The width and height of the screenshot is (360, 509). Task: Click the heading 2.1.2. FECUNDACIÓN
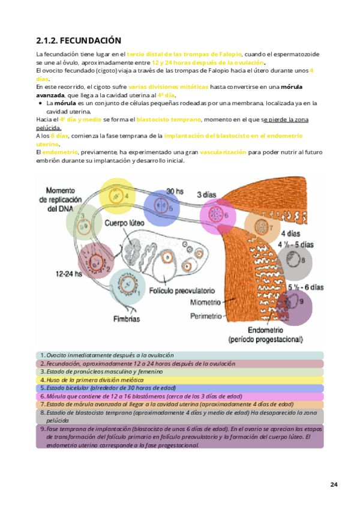pos(79,40)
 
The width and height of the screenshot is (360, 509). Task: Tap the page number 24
pos(334,484)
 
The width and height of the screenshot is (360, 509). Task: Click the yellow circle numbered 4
pos(117,195)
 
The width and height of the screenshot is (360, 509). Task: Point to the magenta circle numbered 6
pos(218,215)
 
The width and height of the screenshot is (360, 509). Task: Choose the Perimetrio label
pos(206,315)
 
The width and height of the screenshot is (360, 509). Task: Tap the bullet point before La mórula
pos(39,103)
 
